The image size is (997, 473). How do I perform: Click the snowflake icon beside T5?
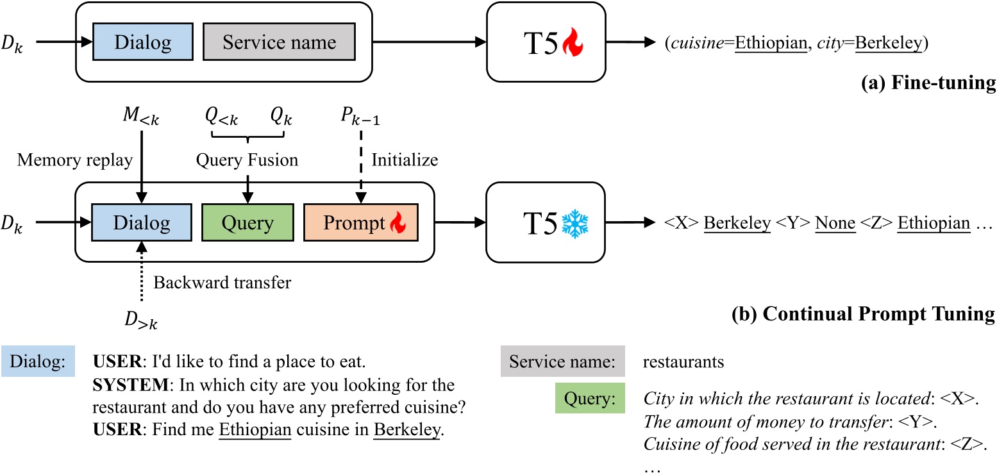click(x=574, y=223)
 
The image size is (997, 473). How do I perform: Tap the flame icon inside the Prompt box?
click(x=398, y=223)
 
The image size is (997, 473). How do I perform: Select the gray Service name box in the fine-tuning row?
click(x=279, y=43)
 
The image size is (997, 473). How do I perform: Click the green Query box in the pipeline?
click(x=247, y=223)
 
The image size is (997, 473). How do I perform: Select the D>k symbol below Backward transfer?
click(x=140, y=319)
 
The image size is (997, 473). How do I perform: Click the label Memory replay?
click(x=74, y=160)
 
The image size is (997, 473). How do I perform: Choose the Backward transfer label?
click(x=222, y=282)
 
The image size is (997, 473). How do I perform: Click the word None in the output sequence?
click(x=835, y=223)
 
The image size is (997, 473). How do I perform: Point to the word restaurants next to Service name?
click(x=683, y=362)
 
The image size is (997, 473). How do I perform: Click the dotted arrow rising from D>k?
click(x=140, y=282)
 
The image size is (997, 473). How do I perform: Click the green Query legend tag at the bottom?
click(x=589, y=399)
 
